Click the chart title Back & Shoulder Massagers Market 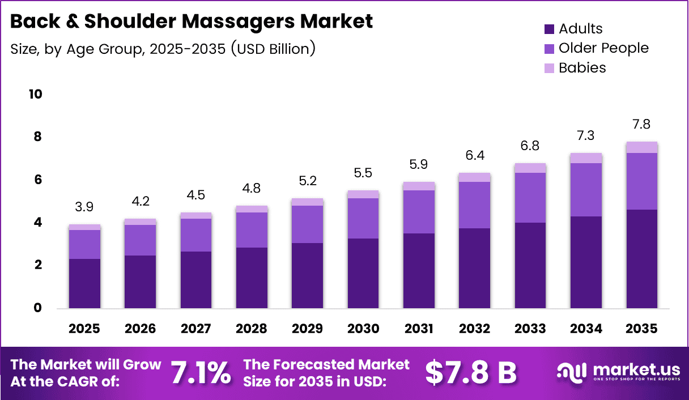pyautogui.click(x=192, y=22)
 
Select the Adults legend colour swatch pyautogui.click(x=549, y=29)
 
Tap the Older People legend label pyautogui.click(x=603, y=48)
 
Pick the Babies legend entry pyautogui.click(x=582, y=68)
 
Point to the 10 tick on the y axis pyautogui.click(x=35, y=94)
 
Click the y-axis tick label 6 pyautogui.click(x=39, y=180)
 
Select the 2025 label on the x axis pyautogui.click(x=84, y=329)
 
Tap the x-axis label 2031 pyautogui.click(x=419, y=329)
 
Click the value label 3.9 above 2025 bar pyautogui.click(x=84, y=207)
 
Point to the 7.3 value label pyautogui.click(x=586, y=136)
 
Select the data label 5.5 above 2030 pyautogui.click(x=363, y=173)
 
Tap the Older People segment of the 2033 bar pyautogui.click(x=530, y=197)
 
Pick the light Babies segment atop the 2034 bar pyautogui.click(x=586, y=158)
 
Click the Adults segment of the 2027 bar pyautogui.click(x=195, y=280)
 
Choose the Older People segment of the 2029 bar pyautogui.click(x=307, y=224)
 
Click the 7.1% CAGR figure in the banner pyautogui.click(x=201, y=372)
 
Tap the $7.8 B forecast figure pyautogui.click(x=470, y=372)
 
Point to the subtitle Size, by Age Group pyautogui.click(x=163, y=49)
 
